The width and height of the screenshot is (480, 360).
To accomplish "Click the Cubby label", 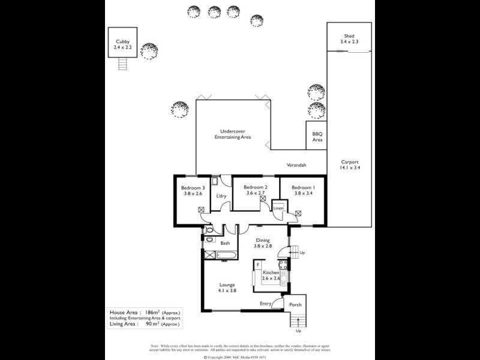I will point(122,41).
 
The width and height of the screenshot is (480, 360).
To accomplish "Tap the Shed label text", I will point(349,36).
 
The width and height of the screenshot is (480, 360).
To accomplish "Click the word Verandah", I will point(296,165).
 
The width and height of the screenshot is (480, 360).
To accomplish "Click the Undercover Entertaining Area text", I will point(233,134).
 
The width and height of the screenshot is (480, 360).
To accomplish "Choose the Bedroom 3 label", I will point(193,187).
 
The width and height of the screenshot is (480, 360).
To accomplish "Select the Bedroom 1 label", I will point(303,187).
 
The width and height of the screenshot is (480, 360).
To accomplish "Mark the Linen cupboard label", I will point(278,208).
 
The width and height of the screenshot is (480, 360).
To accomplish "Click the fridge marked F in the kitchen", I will point(257,265).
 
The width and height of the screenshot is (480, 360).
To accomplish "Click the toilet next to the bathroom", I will point(208,230).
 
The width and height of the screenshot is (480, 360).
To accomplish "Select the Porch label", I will point(295,304).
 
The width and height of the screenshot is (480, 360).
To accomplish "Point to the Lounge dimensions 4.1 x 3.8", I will point(227,290).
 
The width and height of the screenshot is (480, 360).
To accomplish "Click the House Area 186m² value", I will point(153,313).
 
